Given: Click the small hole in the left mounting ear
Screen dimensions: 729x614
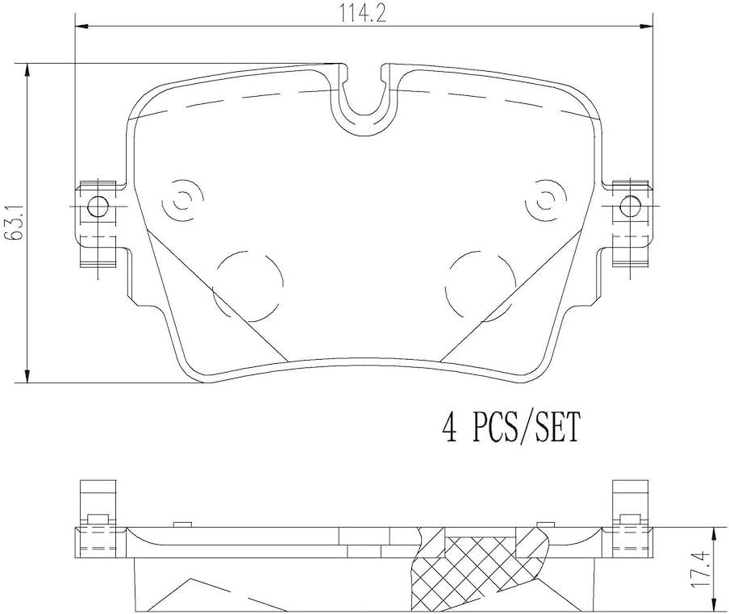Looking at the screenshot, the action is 97,206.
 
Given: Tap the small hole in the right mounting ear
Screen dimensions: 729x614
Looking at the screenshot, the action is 631,206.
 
